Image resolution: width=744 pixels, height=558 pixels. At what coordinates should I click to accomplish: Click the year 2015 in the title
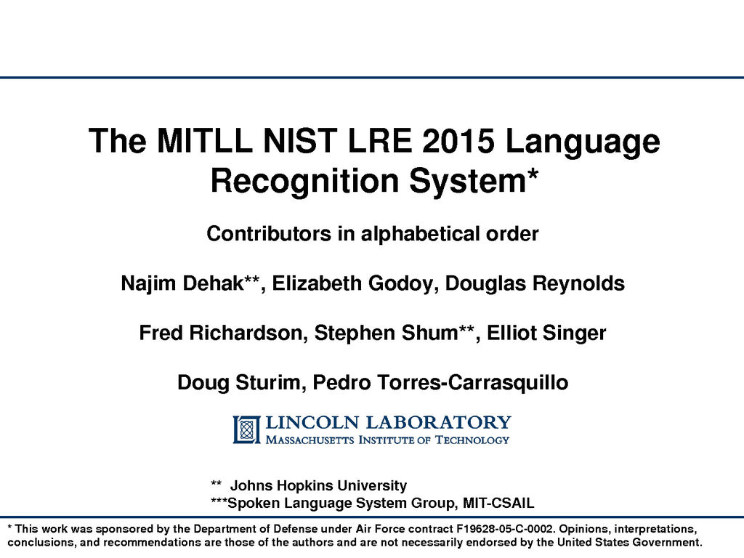[458, 141]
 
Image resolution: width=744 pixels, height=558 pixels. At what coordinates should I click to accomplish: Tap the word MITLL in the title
[204, 141]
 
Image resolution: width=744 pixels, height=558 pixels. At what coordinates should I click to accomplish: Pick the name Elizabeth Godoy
[352, 283]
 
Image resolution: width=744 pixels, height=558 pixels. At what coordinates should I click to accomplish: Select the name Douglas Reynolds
[535, 283]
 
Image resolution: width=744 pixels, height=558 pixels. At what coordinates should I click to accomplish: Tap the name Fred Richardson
[221, 333]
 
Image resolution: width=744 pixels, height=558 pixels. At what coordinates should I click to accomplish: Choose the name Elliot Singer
[546, 333]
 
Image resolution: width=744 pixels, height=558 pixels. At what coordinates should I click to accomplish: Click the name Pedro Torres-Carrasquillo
[440, 382]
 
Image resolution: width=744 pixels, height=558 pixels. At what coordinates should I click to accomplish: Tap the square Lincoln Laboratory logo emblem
[246, 430]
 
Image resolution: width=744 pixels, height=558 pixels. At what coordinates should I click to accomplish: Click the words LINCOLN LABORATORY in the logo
[388, 422]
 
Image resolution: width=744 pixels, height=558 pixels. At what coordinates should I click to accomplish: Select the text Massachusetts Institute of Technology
[387, 440]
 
